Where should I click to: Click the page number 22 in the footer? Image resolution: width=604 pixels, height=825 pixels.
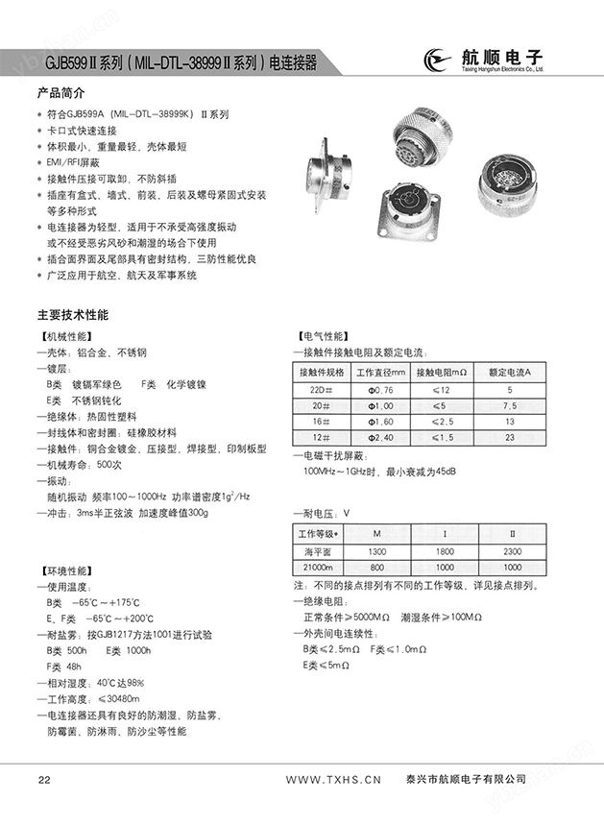pos(43,778)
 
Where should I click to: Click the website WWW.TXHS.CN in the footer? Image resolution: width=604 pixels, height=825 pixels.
pos(335,778)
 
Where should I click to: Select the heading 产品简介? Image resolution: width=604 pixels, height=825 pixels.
pos(60,94)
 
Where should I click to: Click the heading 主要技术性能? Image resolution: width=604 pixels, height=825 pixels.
pos(73,315)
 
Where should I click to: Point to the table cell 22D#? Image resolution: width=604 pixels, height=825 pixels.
pos(321,390)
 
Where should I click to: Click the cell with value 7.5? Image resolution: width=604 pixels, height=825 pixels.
pos(509,405)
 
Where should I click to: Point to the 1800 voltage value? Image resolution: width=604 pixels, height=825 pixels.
pos(444,552)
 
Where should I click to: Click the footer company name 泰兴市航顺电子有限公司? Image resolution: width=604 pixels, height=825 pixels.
pos(468,778)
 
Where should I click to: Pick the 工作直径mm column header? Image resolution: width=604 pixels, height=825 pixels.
pos(381,372)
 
